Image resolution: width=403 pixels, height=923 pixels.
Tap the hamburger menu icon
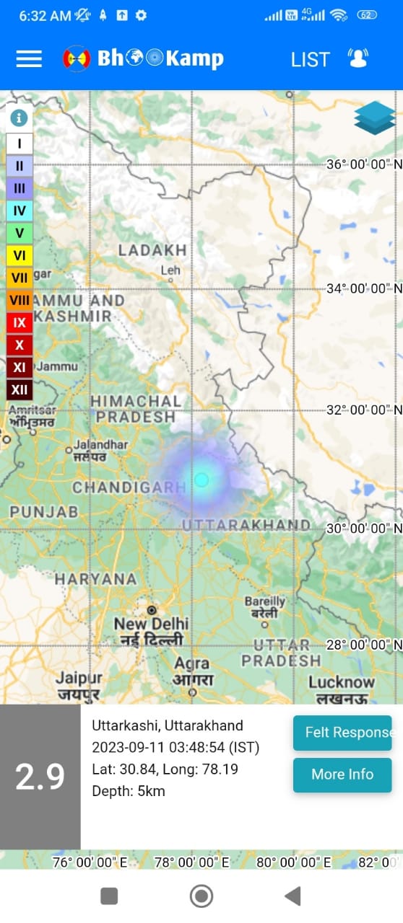click(x=29, y=58)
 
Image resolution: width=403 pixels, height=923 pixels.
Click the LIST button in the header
click(x=310, y=59)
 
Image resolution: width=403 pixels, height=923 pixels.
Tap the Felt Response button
click(x=342, y=733)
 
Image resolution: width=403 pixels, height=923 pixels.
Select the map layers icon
click(x=375, y=118)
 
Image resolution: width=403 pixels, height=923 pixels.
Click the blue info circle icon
click(x=19, y=118)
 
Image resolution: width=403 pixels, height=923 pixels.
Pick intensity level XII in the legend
click(x=19, y=390)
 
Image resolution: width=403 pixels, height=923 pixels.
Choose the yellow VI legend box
click(x=19, y=255)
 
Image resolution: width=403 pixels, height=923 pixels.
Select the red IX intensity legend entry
click(x=19, y=322)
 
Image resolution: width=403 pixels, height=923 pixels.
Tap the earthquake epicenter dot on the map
click(x=201, y=480)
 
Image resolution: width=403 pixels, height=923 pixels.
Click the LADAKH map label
click(x=152, y=250)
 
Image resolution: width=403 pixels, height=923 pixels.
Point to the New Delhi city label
click(x=151, y=623)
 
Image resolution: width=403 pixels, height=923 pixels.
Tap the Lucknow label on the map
click(x=342, y=682)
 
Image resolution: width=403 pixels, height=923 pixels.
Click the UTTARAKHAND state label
click(x=246, y=524)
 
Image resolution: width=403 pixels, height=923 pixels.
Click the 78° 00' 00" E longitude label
click(x=192, y=862)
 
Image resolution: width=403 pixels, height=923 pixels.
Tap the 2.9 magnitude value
click(x=40, y=777)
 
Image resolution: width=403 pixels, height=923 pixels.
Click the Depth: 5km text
click(x=129, y=791)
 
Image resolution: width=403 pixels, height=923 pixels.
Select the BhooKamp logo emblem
click(x=77, y=58)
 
